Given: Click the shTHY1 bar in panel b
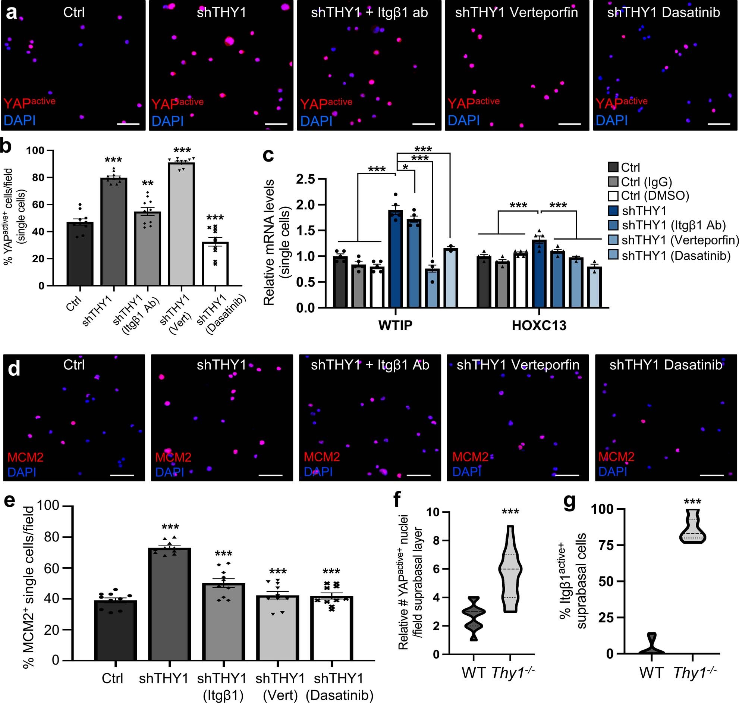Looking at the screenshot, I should pyautogui.click(x=114, y=232).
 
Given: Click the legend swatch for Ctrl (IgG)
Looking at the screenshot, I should pyautogui.click(x=613, y=182).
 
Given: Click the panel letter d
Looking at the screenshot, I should pyautogui.click(x=14, y=369).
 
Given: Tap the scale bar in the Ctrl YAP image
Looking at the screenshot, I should pyautogui.click(x=128, y=124).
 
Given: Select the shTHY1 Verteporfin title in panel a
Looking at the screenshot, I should pyautogui.click(x=516, y=13).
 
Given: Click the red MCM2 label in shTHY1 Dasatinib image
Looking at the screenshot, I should pyautogui.click(x=616, y=456).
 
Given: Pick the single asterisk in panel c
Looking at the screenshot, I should pyautogui.click(x=405, y=166).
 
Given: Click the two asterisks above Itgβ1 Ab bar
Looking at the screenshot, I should pyautogui.click(x=148, y=183).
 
